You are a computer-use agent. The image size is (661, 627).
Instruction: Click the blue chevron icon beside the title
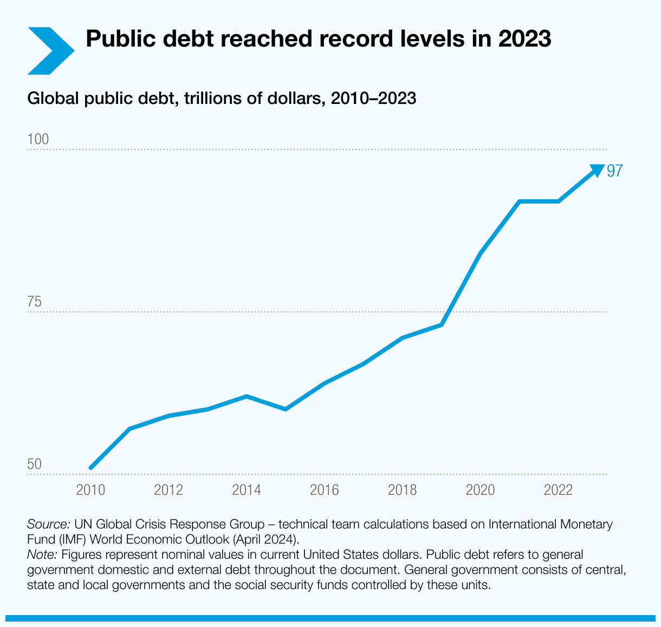pos(50,50)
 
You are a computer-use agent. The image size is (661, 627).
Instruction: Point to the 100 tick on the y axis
pos(38,140)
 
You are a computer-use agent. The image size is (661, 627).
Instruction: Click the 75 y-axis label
pos(34,302)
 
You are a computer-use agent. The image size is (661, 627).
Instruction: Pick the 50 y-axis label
pos(34,465)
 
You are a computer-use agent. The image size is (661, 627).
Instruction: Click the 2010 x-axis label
pos(90,490)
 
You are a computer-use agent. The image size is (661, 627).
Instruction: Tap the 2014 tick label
pos(247,490)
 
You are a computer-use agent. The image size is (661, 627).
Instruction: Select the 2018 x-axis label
pos(403,490)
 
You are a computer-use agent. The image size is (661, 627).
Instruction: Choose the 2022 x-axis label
pos(558,490)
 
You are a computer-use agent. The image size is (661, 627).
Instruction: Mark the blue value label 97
pos(615,171)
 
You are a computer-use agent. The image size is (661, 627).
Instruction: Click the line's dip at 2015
pos(286,409)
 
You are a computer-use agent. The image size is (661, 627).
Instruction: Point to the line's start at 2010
pos(91,468)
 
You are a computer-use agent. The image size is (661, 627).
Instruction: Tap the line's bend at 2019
pos(442,325)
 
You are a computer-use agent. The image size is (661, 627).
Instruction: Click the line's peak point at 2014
pos(247,396)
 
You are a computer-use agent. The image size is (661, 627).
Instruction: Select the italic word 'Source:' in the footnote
pos(48,524)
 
